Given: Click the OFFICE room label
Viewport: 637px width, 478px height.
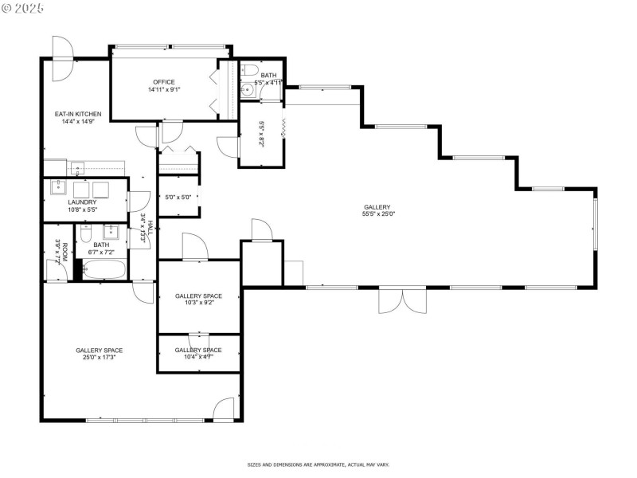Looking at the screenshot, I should pos(163,82).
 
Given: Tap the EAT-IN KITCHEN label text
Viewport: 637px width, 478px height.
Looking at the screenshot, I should pos(77,114).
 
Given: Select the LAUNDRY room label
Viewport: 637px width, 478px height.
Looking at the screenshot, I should pos(82,202).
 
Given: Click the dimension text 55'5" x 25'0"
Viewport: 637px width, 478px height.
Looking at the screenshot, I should pos(378,214).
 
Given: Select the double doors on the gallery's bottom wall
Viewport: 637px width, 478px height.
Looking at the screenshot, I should pos(402,300).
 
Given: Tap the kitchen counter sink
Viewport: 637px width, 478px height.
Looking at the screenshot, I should pos(77,167).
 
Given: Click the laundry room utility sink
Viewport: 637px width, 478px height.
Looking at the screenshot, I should pos(58,188).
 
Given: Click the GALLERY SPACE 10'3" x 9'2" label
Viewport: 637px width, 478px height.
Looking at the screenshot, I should pos(198,300).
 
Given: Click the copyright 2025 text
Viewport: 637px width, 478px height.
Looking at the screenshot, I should pos(23,7).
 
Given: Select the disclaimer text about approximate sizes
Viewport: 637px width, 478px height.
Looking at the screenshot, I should pos(318,464).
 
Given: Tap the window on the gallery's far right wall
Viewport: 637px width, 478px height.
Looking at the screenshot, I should pos(594,227).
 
